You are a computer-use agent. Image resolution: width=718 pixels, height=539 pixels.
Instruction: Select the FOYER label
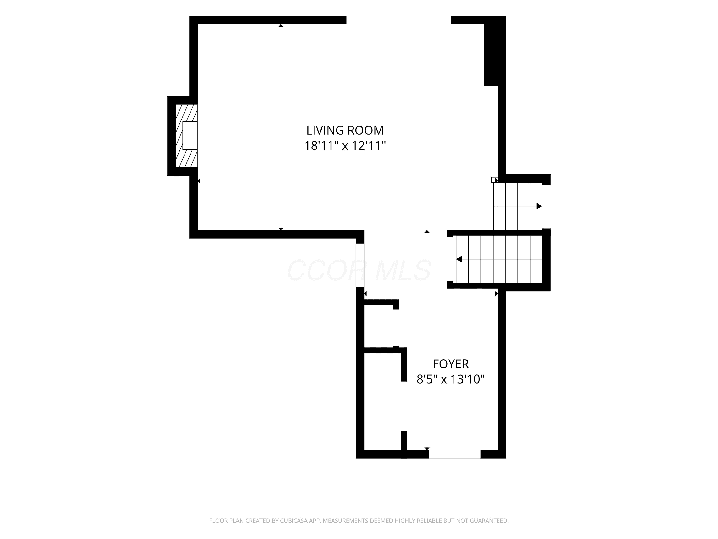[x=451, y=364]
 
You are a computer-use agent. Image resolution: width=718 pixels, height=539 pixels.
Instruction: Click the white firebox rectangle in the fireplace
[x=190, y=136]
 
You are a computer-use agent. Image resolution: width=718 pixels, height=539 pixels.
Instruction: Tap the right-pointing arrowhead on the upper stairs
[x=539, y=206]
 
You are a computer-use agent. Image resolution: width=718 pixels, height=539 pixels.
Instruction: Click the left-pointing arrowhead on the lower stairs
[x=459, y=259]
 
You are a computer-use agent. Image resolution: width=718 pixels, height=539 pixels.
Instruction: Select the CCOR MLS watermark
[x=359, y=270]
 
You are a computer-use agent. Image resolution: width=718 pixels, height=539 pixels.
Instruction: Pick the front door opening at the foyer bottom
[x=454, y=454]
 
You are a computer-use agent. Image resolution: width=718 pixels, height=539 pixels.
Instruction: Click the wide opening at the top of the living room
[x=398, y=20]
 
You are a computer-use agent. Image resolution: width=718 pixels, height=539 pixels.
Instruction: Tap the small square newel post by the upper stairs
[x=494, y=180]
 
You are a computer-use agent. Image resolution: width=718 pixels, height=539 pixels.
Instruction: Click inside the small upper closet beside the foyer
[x=378, y=326]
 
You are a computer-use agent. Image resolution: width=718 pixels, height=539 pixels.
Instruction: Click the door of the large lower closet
[x=404, y=406]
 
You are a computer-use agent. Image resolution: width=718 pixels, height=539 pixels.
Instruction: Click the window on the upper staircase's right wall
[x=546, y=207]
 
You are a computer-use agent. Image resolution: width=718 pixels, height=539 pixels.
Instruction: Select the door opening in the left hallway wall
[x=360, y=265]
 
